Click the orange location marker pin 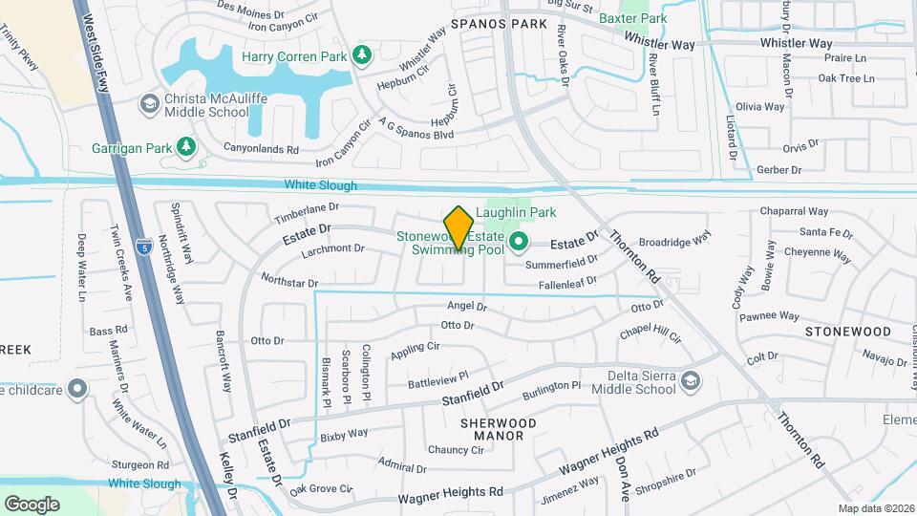point(459,227)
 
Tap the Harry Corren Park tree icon point(361,56)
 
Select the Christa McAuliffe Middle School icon point(149,102)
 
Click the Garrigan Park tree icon point(187,146)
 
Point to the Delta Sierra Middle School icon point(689,382)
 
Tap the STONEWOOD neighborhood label point(847,331)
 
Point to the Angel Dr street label point(467,307)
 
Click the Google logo point(32,504)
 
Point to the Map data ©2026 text point(876,508)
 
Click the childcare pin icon point(77,389)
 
